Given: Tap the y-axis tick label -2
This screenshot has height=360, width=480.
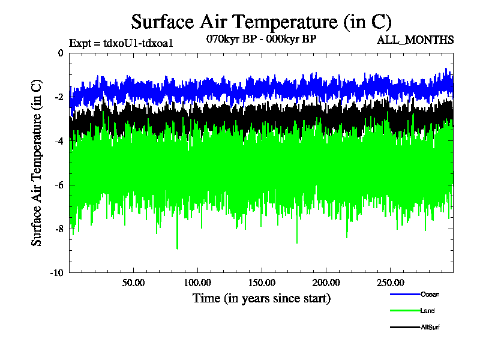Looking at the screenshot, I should click(59, 97).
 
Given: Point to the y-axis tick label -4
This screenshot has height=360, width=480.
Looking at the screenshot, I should click(59, 141).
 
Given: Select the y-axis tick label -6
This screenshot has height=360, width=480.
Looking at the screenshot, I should click(59, 185).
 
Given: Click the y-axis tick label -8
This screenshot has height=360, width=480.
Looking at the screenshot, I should click(59, 229).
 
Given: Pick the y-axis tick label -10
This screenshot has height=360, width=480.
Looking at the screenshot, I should click(58, 272).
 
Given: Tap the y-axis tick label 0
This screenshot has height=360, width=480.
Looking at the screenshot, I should click(61, 53).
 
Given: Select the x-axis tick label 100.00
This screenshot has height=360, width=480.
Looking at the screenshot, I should click(197, 283).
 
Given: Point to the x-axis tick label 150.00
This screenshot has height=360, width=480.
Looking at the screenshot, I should click(261, 283).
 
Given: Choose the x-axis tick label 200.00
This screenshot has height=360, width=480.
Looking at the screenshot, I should click(325, 283).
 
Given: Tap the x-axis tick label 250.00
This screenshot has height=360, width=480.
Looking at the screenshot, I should click(389, 283).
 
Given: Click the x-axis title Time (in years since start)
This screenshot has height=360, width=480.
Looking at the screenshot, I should click(261, 298).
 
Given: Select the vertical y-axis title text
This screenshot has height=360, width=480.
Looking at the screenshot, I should click(37, 163).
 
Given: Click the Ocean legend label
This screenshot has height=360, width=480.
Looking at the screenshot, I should click(430, 294).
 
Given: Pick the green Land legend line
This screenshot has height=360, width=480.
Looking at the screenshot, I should click(404, 311).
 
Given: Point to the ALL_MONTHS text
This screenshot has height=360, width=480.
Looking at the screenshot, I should click(415, 40).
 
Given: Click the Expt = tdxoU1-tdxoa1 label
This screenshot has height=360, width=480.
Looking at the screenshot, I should click(121, 43).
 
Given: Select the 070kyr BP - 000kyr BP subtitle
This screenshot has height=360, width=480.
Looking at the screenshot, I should click(261, 38).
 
